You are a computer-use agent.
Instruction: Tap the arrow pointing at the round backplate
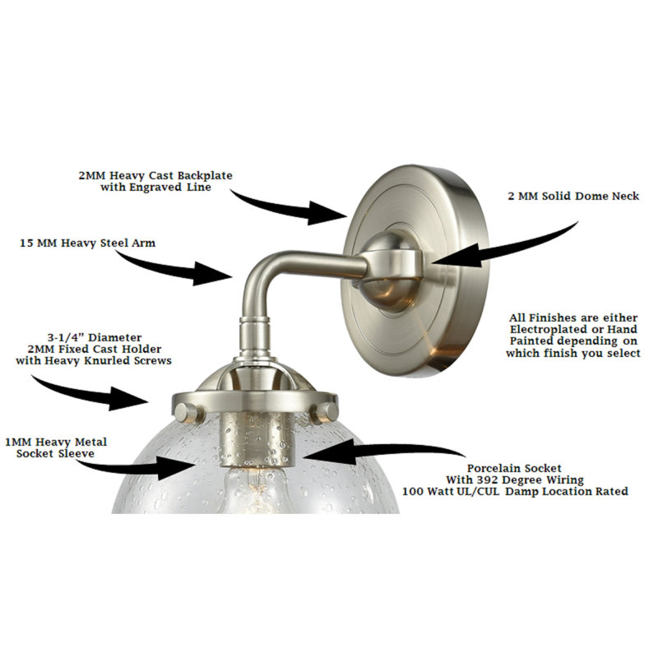(290, 209)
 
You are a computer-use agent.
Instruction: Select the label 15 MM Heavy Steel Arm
(88, 243)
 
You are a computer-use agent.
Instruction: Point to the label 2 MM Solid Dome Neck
(573, 196)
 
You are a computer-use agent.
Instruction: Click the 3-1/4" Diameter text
(94, 337)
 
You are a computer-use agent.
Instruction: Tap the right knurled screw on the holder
(324, 413)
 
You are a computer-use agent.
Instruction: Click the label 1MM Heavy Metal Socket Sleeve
(56, 447)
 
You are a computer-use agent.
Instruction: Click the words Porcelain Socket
(514, 468)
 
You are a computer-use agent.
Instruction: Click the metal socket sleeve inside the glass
(257, 439)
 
